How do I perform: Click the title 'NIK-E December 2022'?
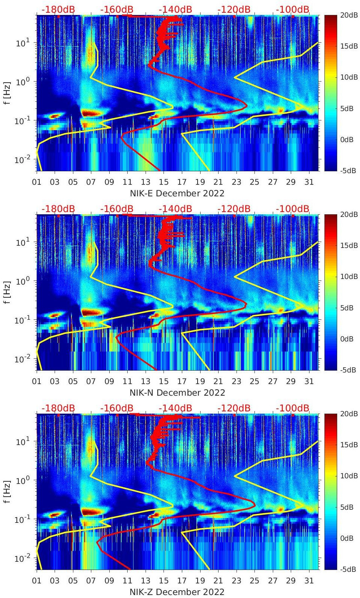coord(177,193)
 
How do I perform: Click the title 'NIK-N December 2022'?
coord(177,393)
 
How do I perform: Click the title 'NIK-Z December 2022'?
coord(177,592)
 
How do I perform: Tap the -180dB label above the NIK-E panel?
coord(58,9)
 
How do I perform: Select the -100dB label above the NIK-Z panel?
coord(293,408)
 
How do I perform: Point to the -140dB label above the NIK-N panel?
coord(175,209)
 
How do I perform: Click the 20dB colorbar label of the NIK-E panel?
coord(347,15)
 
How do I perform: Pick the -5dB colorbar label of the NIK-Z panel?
coord(347,569)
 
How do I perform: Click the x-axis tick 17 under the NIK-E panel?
coord(182,182)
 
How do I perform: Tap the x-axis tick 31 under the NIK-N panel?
coord(309,381)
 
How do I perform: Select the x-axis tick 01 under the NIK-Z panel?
coord(37,581)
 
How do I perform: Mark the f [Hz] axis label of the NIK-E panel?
coord(7,93)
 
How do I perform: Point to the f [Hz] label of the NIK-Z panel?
coord(7,491)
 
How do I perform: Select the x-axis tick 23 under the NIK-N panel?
coord(236,381)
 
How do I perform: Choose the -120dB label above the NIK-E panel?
coord(234,9)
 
